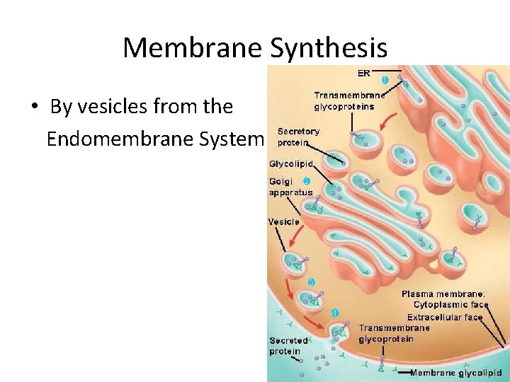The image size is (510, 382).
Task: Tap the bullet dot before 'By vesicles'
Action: point(34,108)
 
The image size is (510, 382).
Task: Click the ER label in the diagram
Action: point(364,72)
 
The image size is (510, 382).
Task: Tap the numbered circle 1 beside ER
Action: point(385,79)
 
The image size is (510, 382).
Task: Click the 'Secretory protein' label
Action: point(297,137)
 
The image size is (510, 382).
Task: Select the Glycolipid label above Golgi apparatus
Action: point(291,163)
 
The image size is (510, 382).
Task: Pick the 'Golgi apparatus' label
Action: point(290,187)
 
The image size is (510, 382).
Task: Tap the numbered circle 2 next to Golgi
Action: point(307,180)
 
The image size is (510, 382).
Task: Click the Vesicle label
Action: point(283,221)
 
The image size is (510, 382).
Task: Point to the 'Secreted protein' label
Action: point(288,345)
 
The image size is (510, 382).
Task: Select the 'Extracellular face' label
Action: point(445,317)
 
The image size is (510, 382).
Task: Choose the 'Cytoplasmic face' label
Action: point(448,305)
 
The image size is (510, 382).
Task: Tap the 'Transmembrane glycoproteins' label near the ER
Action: point(349,100)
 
